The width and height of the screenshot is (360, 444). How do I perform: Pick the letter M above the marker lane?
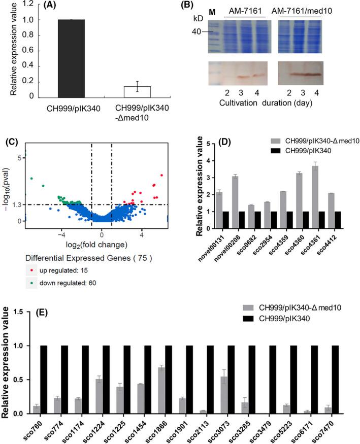(213, 10)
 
